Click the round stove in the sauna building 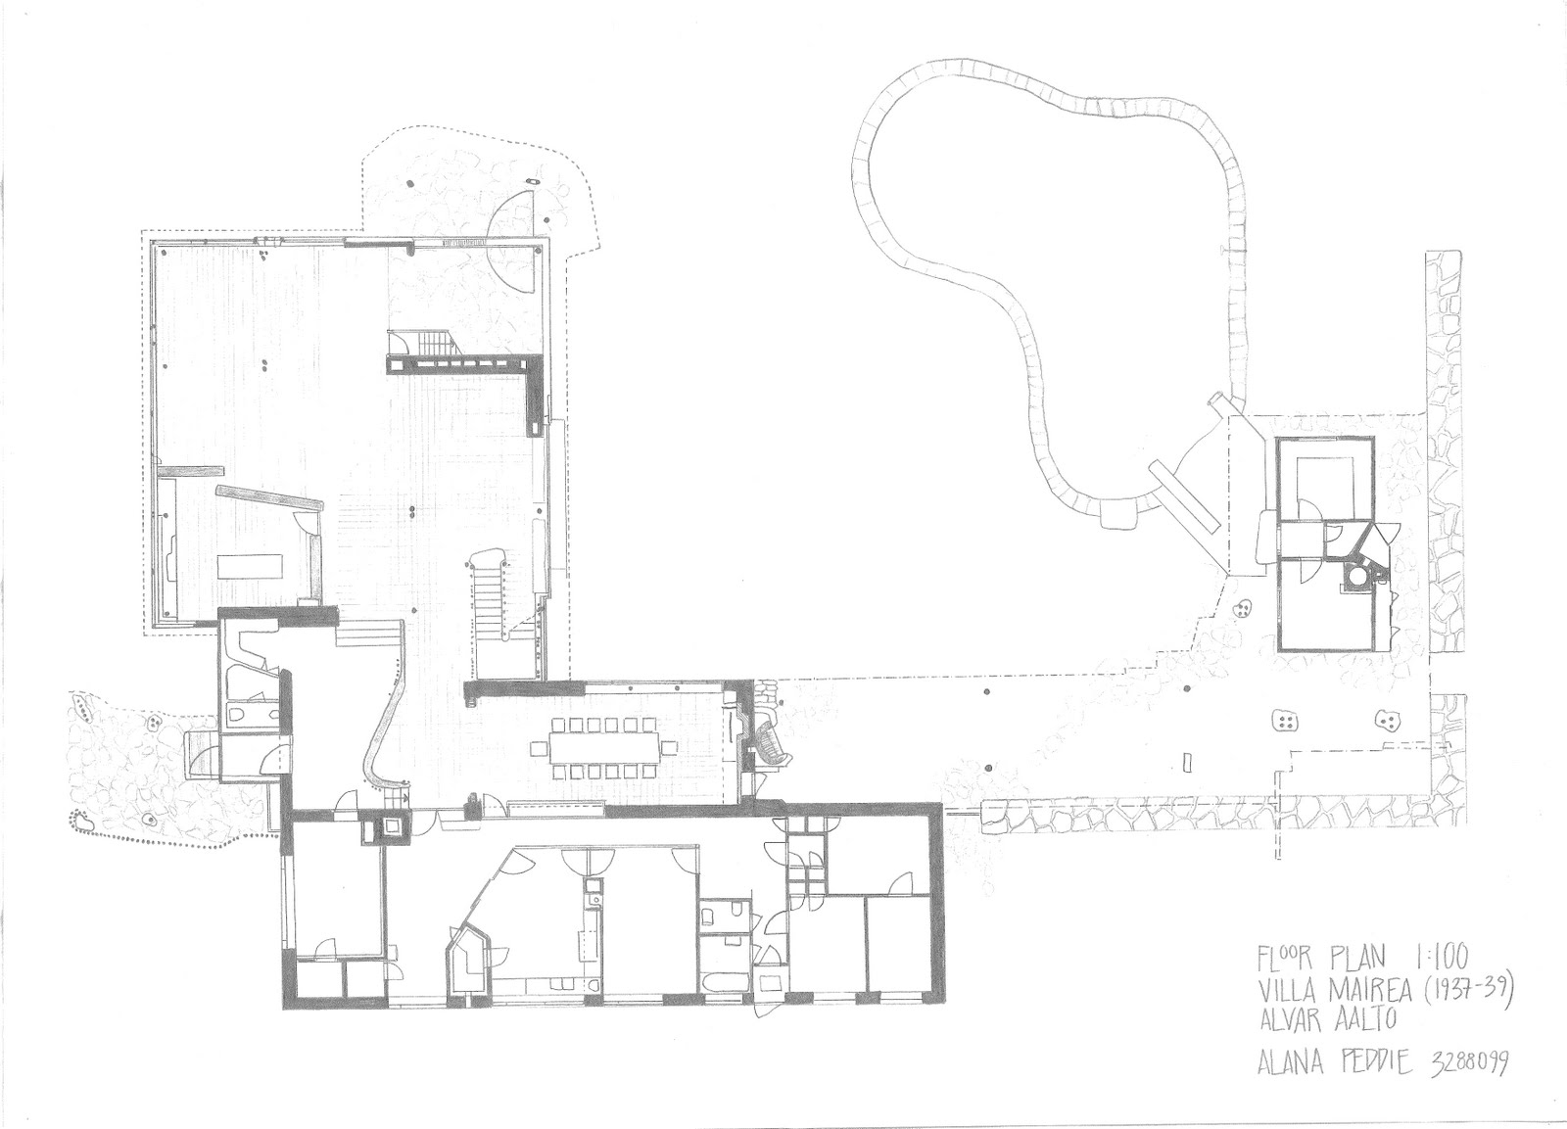coord(1356,579)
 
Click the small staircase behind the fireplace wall coord(423,345)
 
